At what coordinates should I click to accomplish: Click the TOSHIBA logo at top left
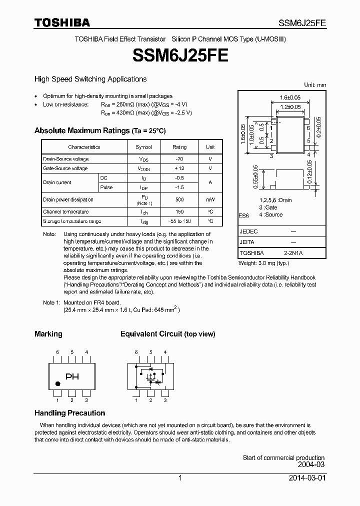point(62,22)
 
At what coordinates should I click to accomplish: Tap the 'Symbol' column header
point(143,147)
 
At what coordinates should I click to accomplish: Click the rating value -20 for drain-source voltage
point(179,159)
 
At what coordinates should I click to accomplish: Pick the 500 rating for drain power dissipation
point(179,199)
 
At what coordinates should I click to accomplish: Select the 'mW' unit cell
point(210,199)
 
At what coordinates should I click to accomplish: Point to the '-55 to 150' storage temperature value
point(179,221)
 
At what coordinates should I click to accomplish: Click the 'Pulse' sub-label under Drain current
point(106,187)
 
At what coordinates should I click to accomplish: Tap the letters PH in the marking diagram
point(72,377)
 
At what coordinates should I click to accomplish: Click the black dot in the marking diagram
point(57,384)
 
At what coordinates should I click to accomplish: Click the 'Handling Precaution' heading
point(69,413)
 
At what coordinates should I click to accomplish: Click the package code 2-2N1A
point(293,253)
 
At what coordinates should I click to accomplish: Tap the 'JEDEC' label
point(248,232)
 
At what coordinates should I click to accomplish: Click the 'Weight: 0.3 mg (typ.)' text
point(263,263)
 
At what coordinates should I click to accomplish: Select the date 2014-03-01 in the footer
point(306,478)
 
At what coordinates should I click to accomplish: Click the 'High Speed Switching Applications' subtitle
point(90,79)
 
